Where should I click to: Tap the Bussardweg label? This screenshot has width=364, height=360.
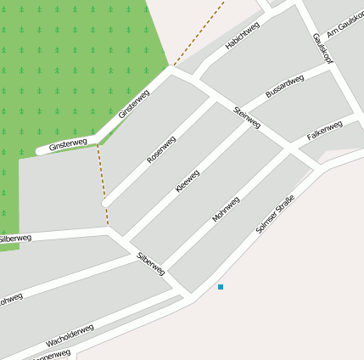click(x=284, y=86)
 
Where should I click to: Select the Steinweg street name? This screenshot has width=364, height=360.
click(x=247, y=117)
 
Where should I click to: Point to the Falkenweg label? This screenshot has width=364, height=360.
click(x=324, y=130)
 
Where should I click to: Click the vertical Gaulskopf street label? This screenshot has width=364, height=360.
click(x=321, y=48)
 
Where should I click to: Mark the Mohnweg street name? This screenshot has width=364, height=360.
click(x=226, y=209)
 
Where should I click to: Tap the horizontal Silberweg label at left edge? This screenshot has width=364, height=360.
click(x=15, y=239)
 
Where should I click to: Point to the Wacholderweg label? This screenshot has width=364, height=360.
click(x=70, y=336)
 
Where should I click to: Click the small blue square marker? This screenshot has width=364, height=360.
click(x=221, y=287)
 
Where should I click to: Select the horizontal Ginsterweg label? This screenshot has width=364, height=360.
click(x=68, y=145)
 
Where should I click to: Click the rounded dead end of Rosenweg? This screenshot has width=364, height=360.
click(x=104, y=204)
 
